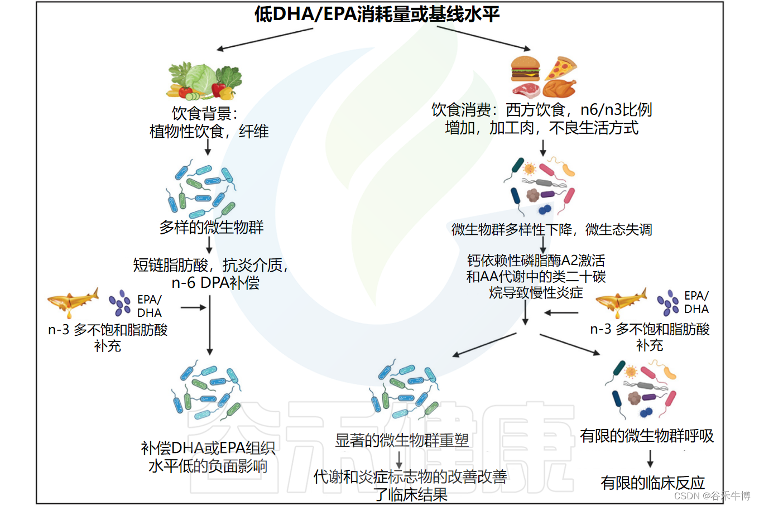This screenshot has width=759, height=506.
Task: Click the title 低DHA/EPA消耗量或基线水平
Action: (377, 14)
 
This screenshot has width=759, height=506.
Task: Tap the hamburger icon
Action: (525, 69)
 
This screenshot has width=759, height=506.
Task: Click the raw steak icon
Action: (525, 89)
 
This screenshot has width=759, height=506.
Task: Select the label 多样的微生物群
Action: (211, 227)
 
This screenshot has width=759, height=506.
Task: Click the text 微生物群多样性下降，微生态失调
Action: (551, 229)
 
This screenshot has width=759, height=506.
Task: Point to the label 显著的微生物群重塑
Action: (402, 440)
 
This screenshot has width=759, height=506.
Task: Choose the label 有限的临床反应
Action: (652, 483)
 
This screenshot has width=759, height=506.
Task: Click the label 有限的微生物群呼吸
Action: (647, 436)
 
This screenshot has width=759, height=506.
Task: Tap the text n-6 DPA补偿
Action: (215, 283)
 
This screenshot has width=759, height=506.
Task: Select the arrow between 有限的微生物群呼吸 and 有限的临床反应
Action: (650, 459)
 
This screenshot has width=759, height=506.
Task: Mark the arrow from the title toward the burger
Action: (483, 38)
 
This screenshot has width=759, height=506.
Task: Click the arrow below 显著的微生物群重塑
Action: (399, 460)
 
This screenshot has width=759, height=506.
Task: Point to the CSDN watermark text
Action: (712, 495)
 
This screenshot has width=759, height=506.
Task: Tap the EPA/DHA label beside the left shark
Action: (149, 306)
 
